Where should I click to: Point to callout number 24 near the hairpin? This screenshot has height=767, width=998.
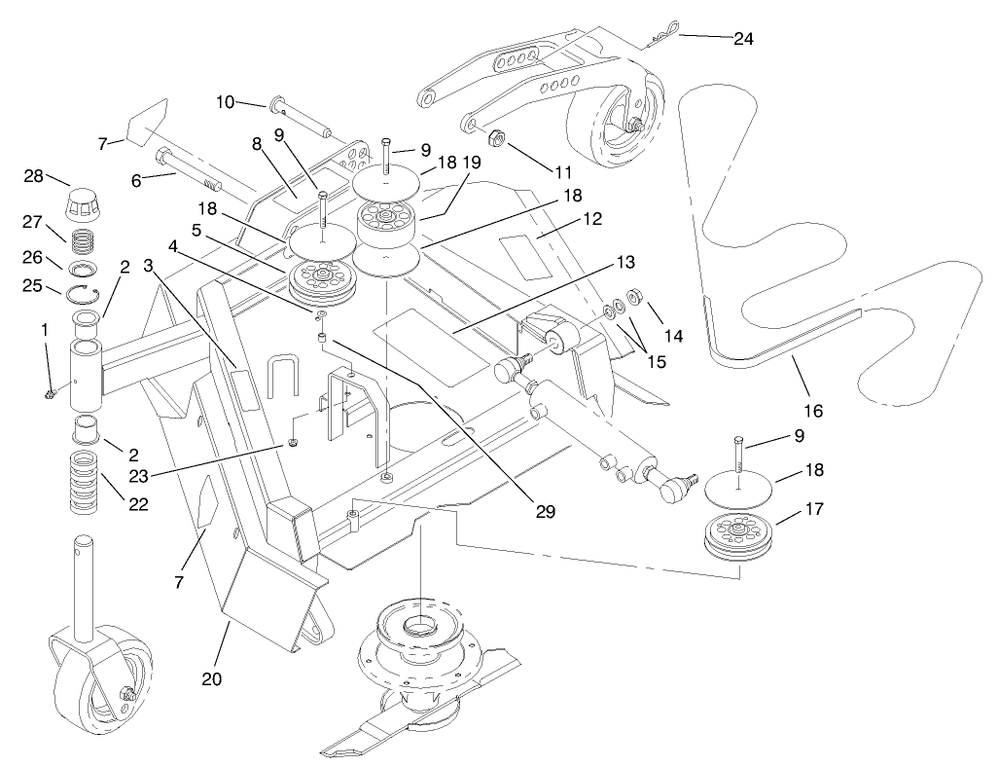coord(742,39)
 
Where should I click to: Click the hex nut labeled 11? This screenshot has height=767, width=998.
coord(493,138)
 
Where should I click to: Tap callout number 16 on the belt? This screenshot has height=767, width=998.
coord(813,411)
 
